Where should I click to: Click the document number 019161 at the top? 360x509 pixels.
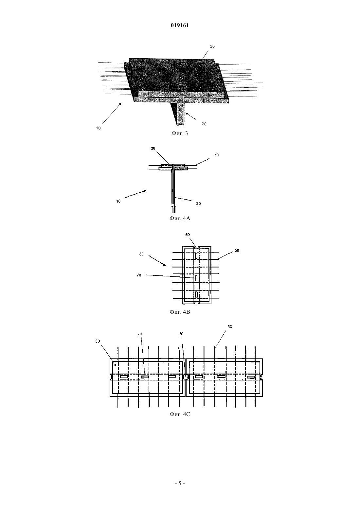180,25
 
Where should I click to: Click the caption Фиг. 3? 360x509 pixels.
180,133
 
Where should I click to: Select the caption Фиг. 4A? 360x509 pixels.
180,219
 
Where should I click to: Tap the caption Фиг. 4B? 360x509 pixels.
180,312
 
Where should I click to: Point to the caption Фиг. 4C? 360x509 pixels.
180,414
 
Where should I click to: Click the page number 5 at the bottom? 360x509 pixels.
180,483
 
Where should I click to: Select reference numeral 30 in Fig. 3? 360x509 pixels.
212,46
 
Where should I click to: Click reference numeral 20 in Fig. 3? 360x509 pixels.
204,124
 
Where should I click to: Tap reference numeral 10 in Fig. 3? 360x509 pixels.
98,128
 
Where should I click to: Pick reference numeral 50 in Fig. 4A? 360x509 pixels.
216,155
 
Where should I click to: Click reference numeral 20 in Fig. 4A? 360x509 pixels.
198,203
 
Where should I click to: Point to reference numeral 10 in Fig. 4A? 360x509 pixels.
118,201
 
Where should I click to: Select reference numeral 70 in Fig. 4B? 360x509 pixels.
139,275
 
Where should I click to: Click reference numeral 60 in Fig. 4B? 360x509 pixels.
188,235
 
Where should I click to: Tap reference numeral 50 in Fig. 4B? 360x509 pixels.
237,250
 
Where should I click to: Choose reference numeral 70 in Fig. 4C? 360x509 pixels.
140,334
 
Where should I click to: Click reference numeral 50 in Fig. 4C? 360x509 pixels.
230,326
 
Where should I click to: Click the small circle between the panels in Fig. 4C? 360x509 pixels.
186,377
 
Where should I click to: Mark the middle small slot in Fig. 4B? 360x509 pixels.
196,278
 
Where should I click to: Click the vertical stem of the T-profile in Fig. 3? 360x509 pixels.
180,111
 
